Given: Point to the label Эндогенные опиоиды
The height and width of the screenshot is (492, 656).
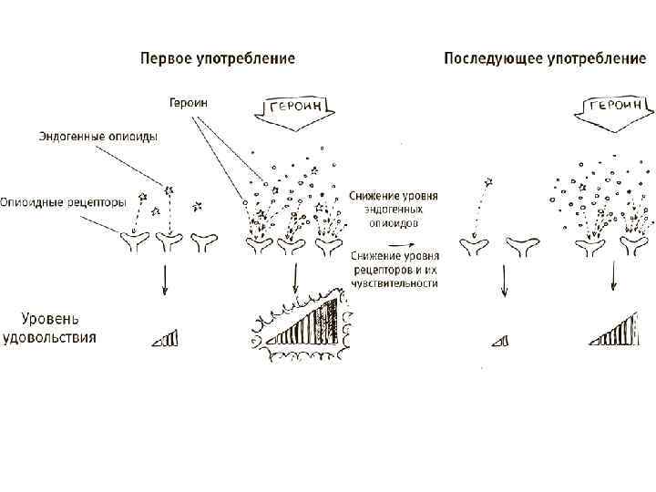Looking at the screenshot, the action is [x=97, y=136].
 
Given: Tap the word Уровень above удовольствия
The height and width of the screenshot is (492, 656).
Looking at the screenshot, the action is [x=50, y=319].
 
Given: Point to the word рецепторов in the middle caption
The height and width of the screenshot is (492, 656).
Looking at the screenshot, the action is [x=379, y=271].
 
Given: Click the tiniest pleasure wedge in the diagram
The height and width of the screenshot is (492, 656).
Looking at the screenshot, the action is [x=499, y=341].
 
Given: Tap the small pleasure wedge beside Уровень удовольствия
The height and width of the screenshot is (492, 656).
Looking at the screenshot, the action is [x=166, y=339].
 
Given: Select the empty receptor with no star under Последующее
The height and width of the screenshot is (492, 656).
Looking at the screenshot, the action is [x=521, y=243].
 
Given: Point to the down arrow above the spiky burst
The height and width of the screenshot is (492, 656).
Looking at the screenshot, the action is [x=294, y=281].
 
